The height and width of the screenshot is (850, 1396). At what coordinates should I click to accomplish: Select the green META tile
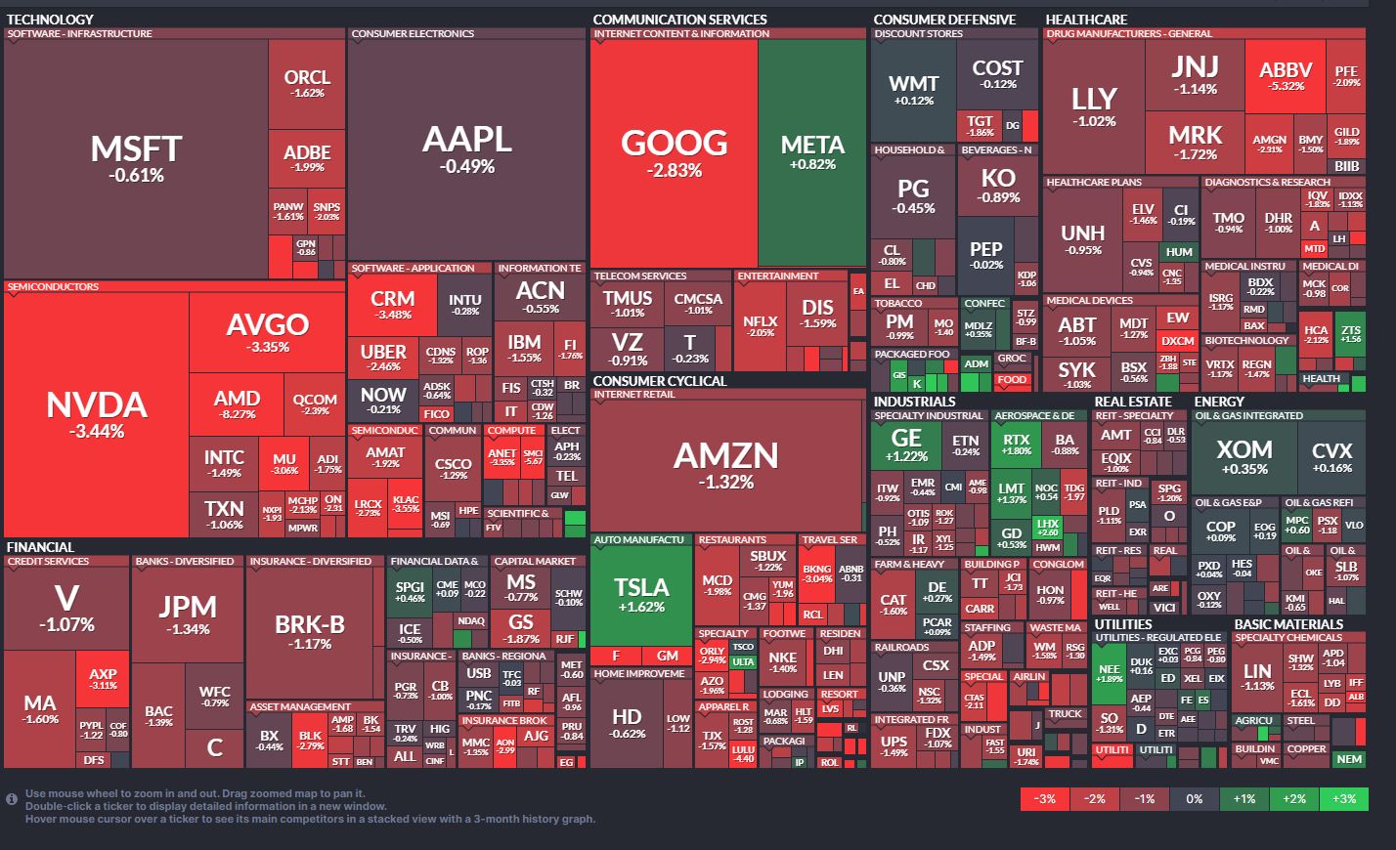pyautogui.click(x=812, y=151)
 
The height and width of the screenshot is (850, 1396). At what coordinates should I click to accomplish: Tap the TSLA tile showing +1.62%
pyautogui.click(x=641, y=593)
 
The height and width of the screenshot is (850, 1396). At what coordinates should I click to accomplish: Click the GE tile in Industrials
pyautogui.click(x=906, y=446)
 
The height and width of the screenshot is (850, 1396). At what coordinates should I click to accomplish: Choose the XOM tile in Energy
pyautogui.click(x=1244, y=456)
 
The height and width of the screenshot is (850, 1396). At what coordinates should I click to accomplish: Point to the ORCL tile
pyautogui.click(x=307, y=83)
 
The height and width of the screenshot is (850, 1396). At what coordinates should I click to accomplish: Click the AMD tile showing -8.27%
pyautogui.click(x=237, y=404)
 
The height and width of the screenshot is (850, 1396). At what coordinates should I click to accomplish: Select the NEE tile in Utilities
pyautogui.click(x=1109, y=673)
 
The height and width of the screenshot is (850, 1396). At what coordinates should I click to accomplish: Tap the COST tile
pyautogui.click(x=997, y=73)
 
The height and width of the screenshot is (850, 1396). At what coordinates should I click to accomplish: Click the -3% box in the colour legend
pyautogui.click(x=1045, y=798)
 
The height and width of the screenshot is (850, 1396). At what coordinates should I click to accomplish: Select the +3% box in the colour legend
pyautogui.click(x=1344, y=798)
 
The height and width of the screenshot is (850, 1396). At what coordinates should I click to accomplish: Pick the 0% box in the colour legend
pyautogui.click(x=1195, y=798)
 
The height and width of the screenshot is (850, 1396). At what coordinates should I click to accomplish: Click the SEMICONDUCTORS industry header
pyautogui.click(x=53, y=287)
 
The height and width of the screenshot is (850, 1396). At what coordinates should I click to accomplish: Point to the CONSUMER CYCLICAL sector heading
pyautogui.click(x=660, y=381)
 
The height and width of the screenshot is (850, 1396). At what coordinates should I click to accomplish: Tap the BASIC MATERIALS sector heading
pyautogui.click(x=1288, y=624)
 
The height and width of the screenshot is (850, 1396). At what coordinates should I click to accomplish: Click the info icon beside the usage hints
pyautogui.click(x=12, y=799)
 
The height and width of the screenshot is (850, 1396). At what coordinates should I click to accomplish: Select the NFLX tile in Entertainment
pyautogui.click(x=761, y=325)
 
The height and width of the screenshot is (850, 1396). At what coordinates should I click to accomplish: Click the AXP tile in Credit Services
pyautogui.click(x=103, y=678)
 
